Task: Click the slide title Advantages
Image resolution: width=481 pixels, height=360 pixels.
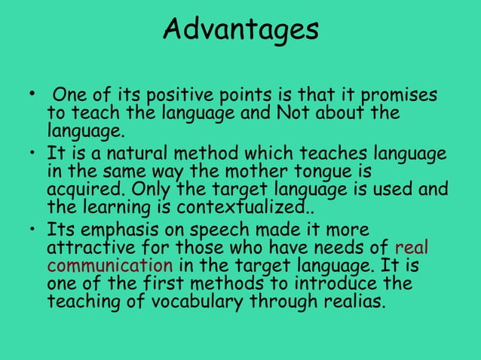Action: pos(240,29)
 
